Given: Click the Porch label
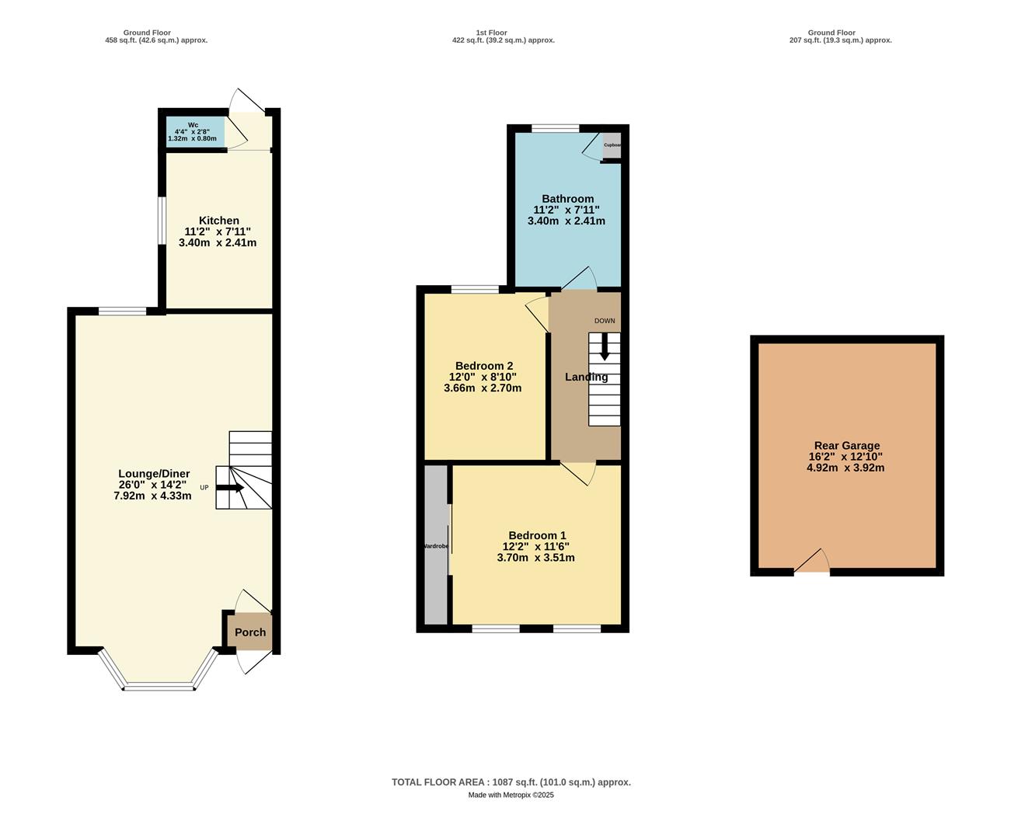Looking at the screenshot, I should point(250,632).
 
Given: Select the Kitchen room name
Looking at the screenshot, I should point(218,221).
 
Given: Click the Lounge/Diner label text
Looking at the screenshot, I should point(154,474).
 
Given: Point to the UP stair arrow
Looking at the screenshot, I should point(230,488).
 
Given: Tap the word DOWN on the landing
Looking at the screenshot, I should point(605,321).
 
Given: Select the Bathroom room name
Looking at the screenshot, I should point(567,199).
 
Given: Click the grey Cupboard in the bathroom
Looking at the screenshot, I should point(612,145).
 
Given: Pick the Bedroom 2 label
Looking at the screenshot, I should point(483,366).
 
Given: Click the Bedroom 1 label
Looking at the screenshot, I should point(537,535).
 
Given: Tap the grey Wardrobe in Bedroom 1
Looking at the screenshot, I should point(436,545).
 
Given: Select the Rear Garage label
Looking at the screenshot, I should point(847,446).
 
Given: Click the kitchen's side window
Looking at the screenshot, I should point(162,221).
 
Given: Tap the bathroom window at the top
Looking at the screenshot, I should point(556,128).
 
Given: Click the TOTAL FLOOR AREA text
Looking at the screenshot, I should point(511,782).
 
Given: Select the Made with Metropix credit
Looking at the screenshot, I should point(511,795).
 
